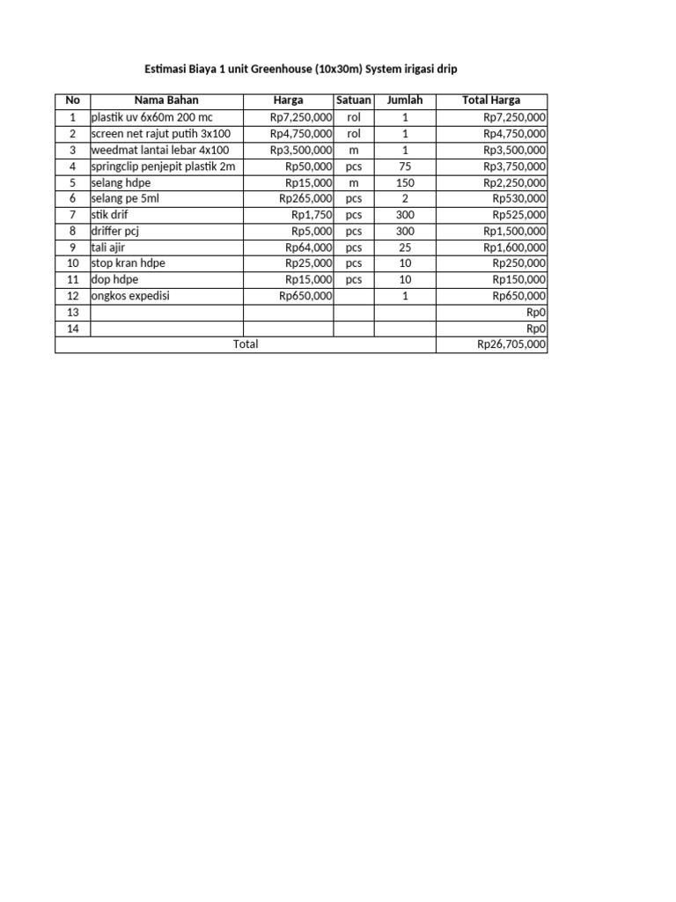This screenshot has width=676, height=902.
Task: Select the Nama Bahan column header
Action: [x=166, y=100]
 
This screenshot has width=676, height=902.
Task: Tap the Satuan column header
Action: [x=354, y=100]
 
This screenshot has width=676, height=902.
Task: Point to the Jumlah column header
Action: [x=405, y=100]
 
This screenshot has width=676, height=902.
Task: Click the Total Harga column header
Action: [x=491, y=100]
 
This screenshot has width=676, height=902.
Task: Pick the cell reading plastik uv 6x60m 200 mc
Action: [x=151, y=117]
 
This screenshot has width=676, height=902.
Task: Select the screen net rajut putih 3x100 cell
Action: [x=160, y=134]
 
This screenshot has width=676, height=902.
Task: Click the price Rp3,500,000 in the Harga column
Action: [x=301, y=150]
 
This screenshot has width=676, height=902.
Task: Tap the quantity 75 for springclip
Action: [x=405, y=166]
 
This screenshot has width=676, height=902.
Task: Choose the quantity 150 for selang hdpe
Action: [x=405, y=182]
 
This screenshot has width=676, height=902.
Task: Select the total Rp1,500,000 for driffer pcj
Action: [x=515, y=231]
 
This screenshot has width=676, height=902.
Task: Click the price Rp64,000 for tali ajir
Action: [x=309, y=248]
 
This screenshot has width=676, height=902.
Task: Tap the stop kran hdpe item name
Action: [x=128, y=263]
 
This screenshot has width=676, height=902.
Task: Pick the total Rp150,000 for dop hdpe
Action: [x=519, y=280]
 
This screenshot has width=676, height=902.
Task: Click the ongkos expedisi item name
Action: [x=130, y=296]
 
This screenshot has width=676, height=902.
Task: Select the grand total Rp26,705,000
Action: [x=511, y=344]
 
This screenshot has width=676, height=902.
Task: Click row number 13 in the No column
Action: [x=72, y=313]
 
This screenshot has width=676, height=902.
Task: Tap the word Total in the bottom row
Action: [x=246, y=344]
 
